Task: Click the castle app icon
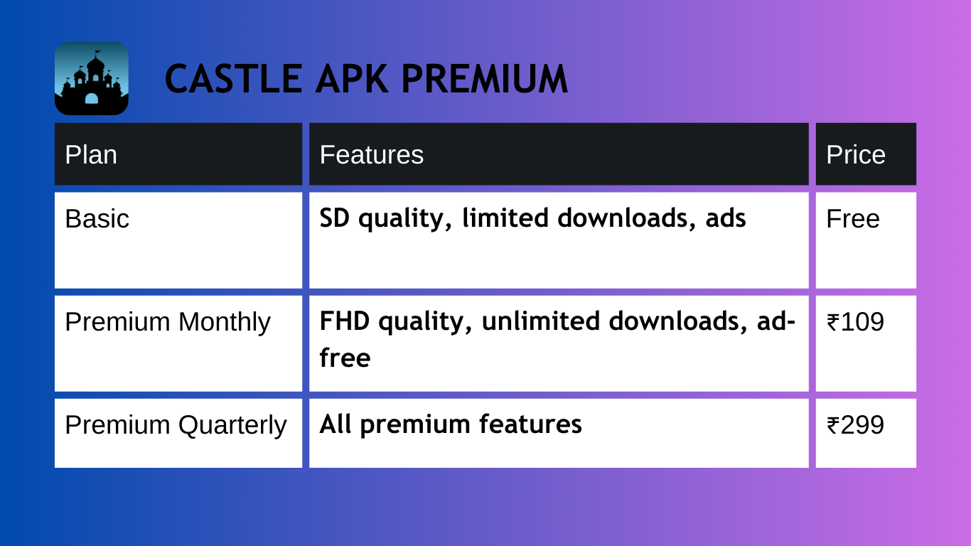coord(92,78)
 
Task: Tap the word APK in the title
coord(352,79)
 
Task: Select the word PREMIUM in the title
coord(485,79)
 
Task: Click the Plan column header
coord(91,154)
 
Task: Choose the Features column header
coord(372,154)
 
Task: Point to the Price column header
coord(856,154)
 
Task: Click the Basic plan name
coord(97,218)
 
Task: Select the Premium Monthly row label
coord(168,322)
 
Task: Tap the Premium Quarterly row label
coord(176,425)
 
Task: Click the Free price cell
coord(853,218)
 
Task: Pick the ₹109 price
coord(855,322)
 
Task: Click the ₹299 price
coord(855,425)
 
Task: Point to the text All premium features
coord(451,425)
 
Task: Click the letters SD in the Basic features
coord(335,218)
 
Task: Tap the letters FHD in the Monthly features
coord(345,321)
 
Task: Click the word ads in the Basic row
coord(726,218)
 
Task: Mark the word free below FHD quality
coord(345,358)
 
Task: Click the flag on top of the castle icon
coord(97,53)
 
